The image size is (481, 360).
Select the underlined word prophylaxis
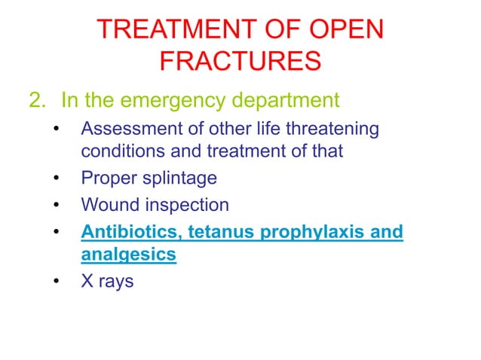(x=309, y=231)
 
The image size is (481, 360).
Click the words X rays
(x=107, y=283)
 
